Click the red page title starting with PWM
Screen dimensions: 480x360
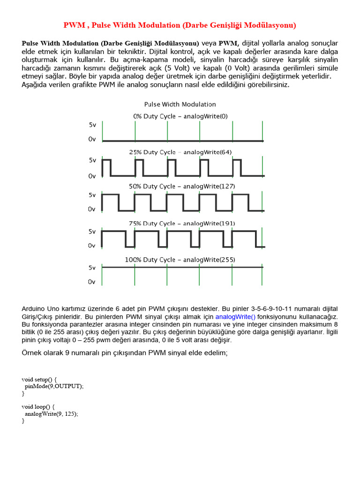(x=180, y=25)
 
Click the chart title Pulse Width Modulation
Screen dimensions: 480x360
(x=180, y=104)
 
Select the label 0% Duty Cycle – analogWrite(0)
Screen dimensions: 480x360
(x=180, y=116)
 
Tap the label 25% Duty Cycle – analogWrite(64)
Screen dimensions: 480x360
(x=180, y=152)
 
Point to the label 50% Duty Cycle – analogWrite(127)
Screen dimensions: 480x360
(x=180, y=186)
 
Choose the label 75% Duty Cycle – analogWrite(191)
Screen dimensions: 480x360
(x=180, y=223)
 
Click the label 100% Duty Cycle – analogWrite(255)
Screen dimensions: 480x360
(x=180, y=259)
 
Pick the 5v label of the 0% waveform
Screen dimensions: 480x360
(x=92, y=125)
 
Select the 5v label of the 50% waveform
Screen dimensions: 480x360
(x=92, y=195)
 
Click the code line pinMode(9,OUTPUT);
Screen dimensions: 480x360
(x=54, y=386)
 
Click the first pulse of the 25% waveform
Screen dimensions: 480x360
(x=106, y=167)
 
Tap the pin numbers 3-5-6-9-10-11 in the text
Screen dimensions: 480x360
(x=270, y=309)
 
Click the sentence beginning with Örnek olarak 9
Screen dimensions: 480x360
(x=125, y=352)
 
